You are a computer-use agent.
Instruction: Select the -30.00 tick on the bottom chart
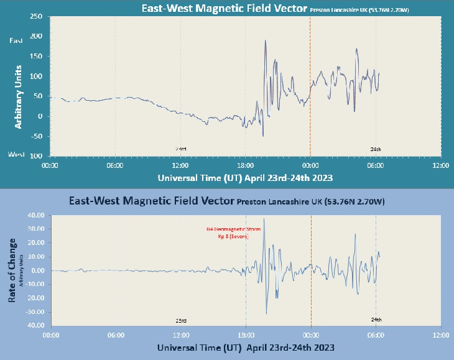tap(32, 312)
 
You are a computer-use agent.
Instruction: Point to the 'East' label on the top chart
tap(16, 40)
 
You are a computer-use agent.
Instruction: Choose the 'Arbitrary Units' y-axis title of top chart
tap(18, 96)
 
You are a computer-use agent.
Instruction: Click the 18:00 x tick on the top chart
tap(245, 166)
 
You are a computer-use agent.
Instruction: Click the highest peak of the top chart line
tap(266, 41)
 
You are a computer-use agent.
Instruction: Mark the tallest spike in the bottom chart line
tap(264, 218)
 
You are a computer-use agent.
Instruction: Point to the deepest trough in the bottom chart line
tap(267, 313)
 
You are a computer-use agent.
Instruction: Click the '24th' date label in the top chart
tap(376, 149)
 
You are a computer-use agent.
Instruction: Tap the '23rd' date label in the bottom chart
tap(181, 320)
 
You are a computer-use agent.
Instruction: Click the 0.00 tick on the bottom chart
tap(35, 270)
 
